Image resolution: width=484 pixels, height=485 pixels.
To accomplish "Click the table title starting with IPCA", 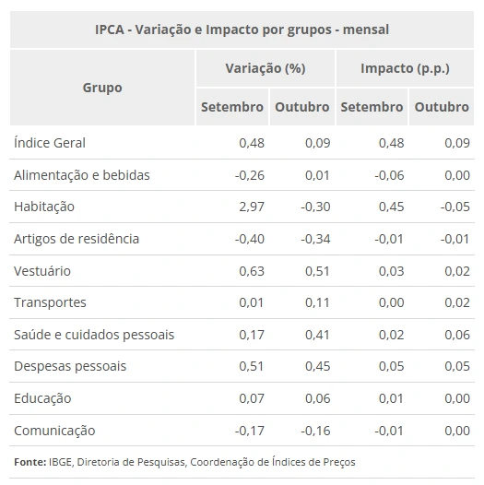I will point(242,30).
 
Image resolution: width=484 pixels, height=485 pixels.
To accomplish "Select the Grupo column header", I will point(101,88).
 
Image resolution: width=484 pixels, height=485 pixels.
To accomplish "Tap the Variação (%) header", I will point(265,69).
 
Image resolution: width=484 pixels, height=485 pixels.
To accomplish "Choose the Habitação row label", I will point(44,207).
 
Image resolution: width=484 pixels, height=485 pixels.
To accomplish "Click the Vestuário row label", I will point(42,271).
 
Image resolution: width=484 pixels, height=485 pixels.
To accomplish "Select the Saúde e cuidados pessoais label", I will point(94,335).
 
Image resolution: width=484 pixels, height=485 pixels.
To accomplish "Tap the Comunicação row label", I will point(54,431).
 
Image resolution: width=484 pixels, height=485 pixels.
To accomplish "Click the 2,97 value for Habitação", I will point(251,207).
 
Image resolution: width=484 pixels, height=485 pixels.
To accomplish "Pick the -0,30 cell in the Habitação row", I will point(314,207).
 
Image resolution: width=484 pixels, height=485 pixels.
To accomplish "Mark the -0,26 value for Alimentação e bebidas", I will point(249,175).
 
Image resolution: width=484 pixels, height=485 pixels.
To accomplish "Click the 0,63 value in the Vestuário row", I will point(251,271).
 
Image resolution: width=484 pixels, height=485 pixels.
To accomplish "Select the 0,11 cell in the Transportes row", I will point(317,302).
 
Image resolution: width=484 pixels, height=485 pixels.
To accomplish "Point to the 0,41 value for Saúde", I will point(317,335).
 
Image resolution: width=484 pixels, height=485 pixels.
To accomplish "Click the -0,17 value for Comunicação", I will point(249,431).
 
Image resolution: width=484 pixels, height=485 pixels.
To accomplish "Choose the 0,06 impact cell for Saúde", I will point(456,335).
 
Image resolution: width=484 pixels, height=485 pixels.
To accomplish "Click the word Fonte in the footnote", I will point(30,462).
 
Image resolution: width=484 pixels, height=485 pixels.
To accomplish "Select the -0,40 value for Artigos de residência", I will point(249,239).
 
